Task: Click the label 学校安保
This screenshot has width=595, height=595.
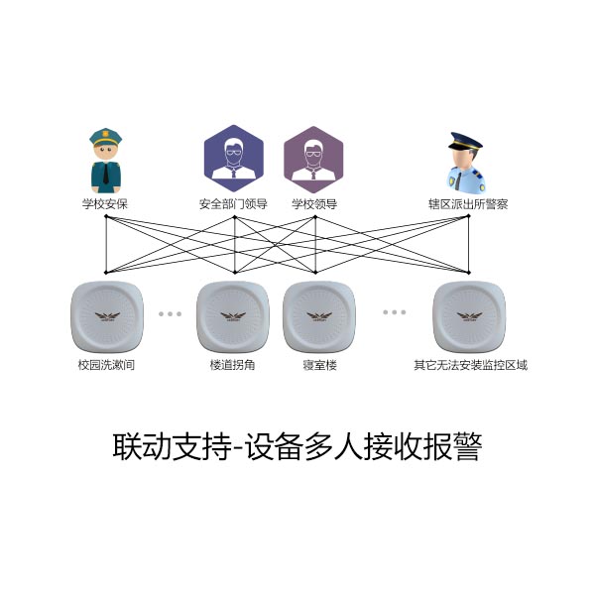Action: click(105, 204)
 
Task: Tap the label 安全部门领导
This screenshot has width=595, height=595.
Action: click(233, 204)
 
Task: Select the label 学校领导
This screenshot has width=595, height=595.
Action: click(314, 204)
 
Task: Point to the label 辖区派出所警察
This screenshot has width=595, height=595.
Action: click(468, 204)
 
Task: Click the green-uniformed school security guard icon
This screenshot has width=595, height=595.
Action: click(106, 161)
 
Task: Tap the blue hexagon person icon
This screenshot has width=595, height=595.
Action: click(234, 159)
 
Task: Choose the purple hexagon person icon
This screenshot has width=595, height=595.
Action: click(313, 160)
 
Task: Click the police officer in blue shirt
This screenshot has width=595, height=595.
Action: click(466, 163)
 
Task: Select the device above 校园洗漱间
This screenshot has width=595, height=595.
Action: click(107, 316)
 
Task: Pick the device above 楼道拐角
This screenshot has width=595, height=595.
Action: click(233, 316)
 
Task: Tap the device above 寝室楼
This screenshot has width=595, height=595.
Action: click(319, 316)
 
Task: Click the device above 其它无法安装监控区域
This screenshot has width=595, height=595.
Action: click(469, 316)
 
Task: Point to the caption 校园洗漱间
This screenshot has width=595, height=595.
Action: click(106, 365)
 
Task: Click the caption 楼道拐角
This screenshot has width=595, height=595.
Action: click(232, 365)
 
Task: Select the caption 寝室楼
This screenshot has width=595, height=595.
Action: click(320, 365)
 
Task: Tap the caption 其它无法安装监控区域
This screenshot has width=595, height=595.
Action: click(470, 365)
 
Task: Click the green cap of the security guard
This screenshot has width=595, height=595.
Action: click(105, 137)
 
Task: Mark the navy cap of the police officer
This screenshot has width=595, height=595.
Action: click(465, 141)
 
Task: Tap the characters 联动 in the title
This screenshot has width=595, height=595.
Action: click(142, 446)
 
